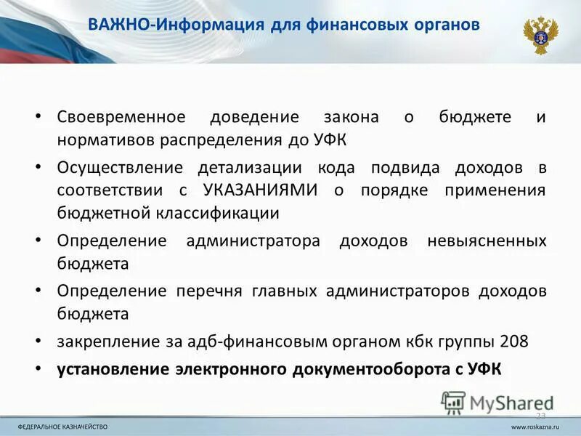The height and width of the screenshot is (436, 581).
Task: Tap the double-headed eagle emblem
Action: pyautogui.click(x=540, y=35)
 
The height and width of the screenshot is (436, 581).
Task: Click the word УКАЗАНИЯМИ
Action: pyautogui.click(x=261, y=190)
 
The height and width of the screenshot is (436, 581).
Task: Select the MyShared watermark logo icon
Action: pyautogui.click(x=453, y=402)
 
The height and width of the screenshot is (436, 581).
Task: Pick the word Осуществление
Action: pyautogui.click(x=120, y=168)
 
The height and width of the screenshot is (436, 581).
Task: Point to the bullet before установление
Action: pyautogui.click(x=38, y=368)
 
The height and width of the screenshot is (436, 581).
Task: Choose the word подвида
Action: pyautogui.click(x=405, y=168)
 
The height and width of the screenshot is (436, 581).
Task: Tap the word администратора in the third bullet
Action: pyautogui.click(x=253, y=241)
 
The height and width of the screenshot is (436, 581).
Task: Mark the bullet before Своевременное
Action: pyautogui.click(x=38, y=117)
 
